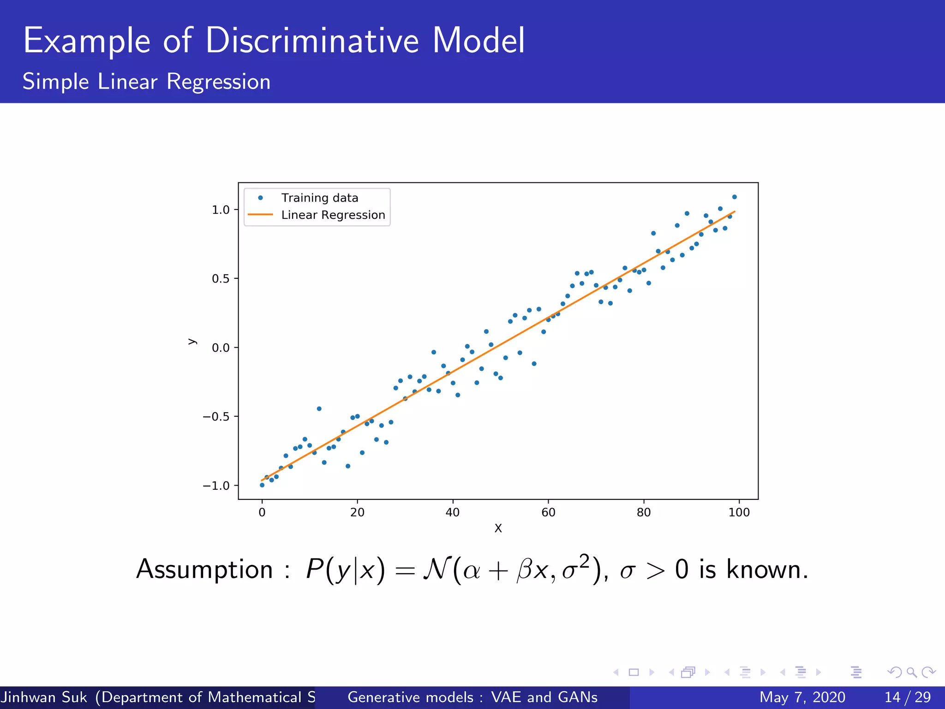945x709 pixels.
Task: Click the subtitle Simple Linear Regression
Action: [146, 82]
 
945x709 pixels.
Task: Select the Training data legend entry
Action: [319, 198]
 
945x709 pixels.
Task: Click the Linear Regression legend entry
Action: [333, 215]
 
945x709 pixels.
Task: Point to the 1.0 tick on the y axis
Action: [221, 210]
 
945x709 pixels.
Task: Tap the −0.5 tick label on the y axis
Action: [216, 417]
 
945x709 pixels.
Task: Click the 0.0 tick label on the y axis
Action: [221, 348]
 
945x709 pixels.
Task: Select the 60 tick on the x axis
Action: [548, 512]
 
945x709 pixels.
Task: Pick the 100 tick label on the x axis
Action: [739, 512]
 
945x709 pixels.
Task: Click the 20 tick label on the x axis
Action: [357, 512]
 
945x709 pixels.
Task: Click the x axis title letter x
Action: [498, 529]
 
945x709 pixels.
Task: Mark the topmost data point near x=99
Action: [735, 197]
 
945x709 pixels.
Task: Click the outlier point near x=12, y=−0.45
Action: [319, 409]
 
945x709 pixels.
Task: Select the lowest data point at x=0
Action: [262, 485]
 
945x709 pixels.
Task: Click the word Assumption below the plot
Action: [204, 570]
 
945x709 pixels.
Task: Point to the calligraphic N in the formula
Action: [436, 569]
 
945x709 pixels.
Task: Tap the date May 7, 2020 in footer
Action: [802, 697]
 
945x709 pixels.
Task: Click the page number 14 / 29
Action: [907, 697]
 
